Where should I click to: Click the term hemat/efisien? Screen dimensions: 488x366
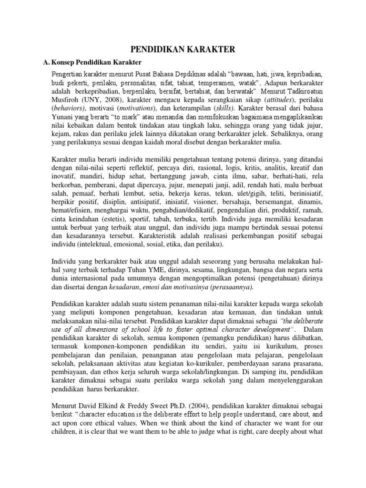coord(71,215)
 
